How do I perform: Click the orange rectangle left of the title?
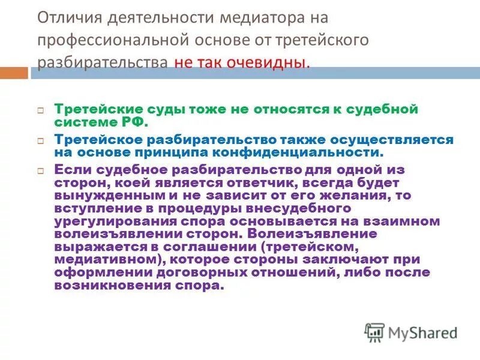click(x=14, y=74)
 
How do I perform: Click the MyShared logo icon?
click(x=374, y=332)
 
